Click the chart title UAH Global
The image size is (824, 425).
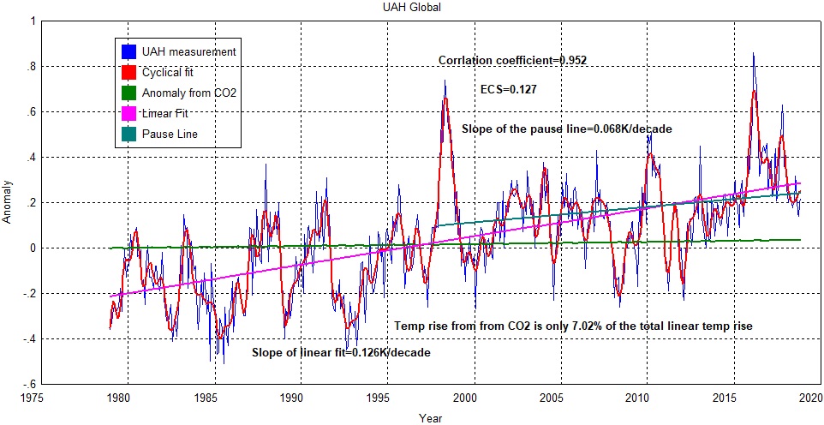(x=412, y=7)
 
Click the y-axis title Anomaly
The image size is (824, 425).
(x=8, y=202)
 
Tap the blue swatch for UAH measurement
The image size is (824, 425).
(x=129, y=51)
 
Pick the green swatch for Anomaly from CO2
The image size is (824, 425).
(x=129, y=93)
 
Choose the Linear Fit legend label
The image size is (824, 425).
(x=165, y=113)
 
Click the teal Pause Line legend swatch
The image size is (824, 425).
(x=129, y=134)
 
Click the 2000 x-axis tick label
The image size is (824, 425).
(x=465, y=398)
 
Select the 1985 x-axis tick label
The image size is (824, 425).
(x=206, y=398)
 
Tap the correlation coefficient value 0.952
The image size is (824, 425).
(x=572, y=61)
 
